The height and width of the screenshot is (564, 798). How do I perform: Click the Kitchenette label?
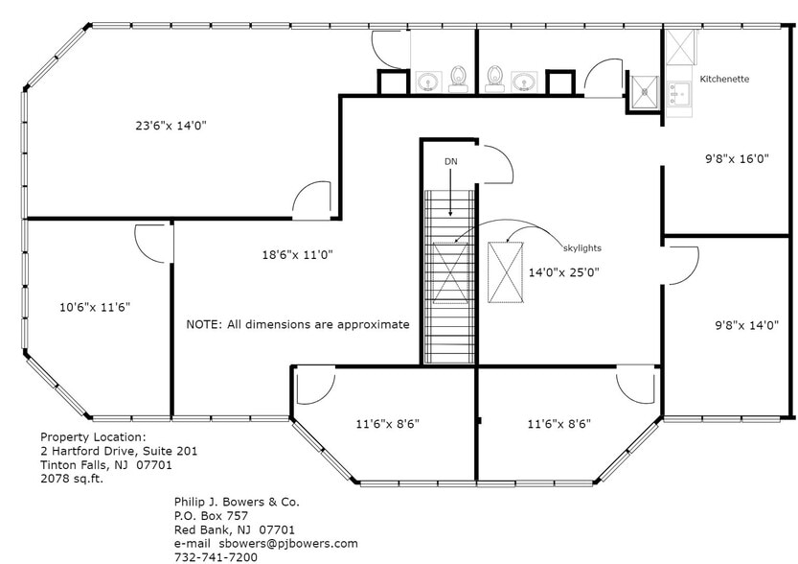pyautogui.click(x=724, y=79)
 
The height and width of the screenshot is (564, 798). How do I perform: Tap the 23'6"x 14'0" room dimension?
pyautogui.click(x=171, y=125)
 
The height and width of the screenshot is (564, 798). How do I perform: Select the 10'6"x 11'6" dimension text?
pyautogui.click(x=94, y=307)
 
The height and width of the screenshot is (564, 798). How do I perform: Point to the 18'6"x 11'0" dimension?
pyautogui.click(x=297, y=254)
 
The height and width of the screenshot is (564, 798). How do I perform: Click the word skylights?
pyautogui.click(x=582, y=247)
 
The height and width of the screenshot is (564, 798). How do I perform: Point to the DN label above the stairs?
pyautogui.click(x=450, y=161)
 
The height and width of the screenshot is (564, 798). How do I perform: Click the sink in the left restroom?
pyautogui.click(x=425, y=81)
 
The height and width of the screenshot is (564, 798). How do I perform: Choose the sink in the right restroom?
pyautogui.click(x=524, y=81)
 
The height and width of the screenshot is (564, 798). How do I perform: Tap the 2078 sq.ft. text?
pyautogui.click(x=72, y=479)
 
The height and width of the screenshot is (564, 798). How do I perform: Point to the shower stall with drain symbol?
pyautogui.click(x=645, y=92)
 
